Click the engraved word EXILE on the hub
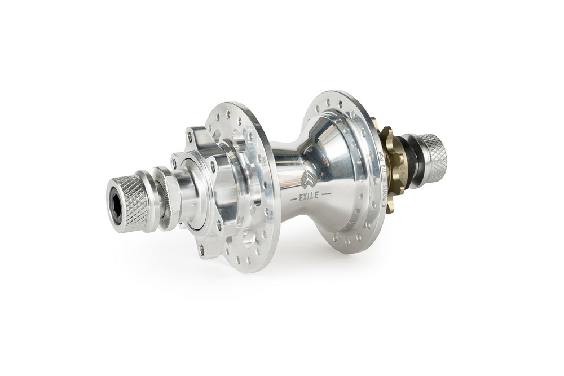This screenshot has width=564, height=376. click(x=309, y=196)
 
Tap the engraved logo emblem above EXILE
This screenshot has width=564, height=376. click(x=309, y=179)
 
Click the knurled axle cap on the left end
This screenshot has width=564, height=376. click(x=126, y=204)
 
